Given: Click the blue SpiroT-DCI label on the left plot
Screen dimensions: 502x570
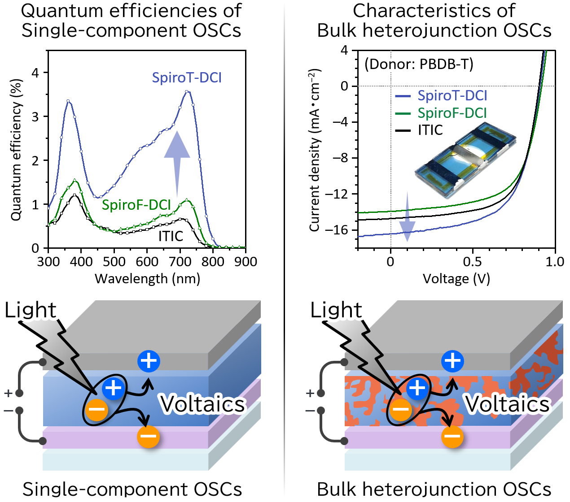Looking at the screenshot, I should pyautogui.click(x=187, y=78).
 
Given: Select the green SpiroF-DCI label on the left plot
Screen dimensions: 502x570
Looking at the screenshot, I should pyautogui.click(x=136, y=205).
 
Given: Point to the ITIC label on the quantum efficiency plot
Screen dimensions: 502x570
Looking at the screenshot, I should pyautogui.click(x=171, y=236).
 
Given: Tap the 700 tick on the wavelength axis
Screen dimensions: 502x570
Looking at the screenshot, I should pyautogui.click(x=180, y=261).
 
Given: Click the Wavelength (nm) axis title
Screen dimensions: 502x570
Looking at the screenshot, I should pyautogui.click(x=147, y=279).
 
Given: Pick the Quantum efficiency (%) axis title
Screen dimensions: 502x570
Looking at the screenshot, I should pyautogui.click(x=16, y=150).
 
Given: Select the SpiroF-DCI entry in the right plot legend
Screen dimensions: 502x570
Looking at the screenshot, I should pyautogui.click(x=452, y=113).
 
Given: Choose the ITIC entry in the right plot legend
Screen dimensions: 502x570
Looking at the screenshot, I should pyautogui.click(x=430, y=130).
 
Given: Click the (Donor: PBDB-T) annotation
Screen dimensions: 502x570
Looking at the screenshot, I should pyautogui.click(x=419, y=65).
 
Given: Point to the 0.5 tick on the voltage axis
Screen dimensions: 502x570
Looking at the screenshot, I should pyautogui.click(x=473, y=261).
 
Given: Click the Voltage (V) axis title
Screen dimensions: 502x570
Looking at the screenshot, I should pyautogui.click(x=456, y=279).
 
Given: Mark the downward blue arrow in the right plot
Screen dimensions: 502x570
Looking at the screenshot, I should pyautogui.click(x=407, y=217).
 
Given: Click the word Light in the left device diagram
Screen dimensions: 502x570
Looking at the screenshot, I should pyautogui.click(x=31, y=310).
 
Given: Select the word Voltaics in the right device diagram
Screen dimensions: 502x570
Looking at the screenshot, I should pyautogui.click(x=507, y=404).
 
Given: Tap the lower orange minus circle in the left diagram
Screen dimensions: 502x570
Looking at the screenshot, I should pyautogui.click(x=148, y=436).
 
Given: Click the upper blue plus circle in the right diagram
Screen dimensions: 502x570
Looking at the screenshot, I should pyautogui.click(x=452, y=361).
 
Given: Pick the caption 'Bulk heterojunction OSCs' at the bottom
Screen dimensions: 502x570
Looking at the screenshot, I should pyautogui.click(x=434, y=489).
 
